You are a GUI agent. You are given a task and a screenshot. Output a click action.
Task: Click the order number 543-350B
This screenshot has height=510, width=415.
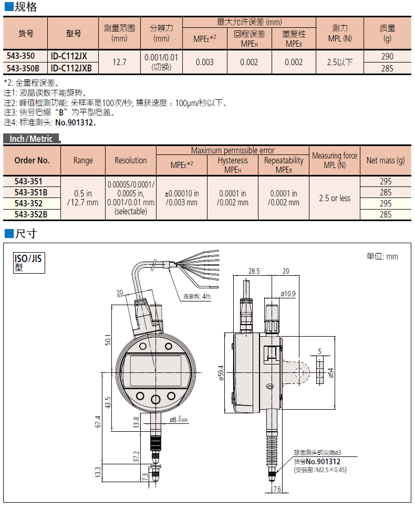point(25,68)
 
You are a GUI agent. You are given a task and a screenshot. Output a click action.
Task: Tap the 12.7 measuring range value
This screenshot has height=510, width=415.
point(120,63)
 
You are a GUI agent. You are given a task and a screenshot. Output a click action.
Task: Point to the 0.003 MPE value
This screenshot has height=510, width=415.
point(204,63)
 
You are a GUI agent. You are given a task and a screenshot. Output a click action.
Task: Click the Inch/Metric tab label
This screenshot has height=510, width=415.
point(32,139)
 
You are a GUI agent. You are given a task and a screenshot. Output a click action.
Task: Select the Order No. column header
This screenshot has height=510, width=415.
point(32,160)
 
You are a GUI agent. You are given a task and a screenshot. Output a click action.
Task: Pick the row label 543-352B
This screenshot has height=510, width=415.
point(32,214)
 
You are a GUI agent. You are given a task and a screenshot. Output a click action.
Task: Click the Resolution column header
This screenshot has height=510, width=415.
point(131,160)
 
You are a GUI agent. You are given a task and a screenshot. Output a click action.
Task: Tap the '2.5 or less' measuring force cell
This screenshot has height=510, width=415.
point(334,198)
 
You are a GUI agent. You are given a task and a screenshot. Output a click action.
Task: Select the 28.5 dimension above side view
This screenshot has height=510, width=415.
point(254,272)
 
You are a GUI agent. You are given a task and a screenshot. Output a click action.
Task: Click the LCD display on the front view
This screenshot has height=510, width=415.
point(154,370)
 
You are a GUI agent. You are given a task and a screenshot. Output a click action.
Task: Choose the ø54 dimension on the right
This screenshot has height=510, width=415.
point(330,372)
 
